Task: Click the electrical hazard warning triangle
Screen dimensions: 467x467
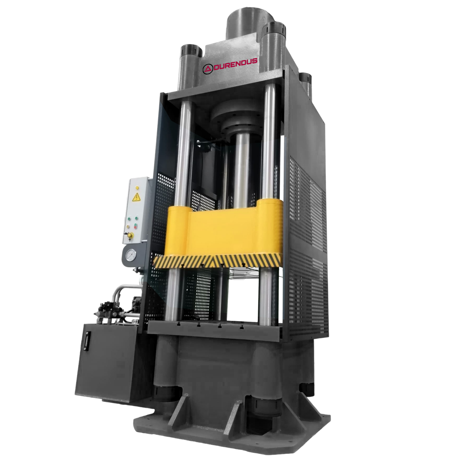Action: pos(136,197)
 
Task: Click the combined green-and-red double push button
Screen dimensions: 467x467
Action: pos(136,226)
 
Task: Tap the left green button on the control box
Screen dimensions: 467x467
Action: pos(128,218)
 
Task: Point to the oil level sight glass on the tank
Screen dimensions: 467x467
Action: pos(86,341)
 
